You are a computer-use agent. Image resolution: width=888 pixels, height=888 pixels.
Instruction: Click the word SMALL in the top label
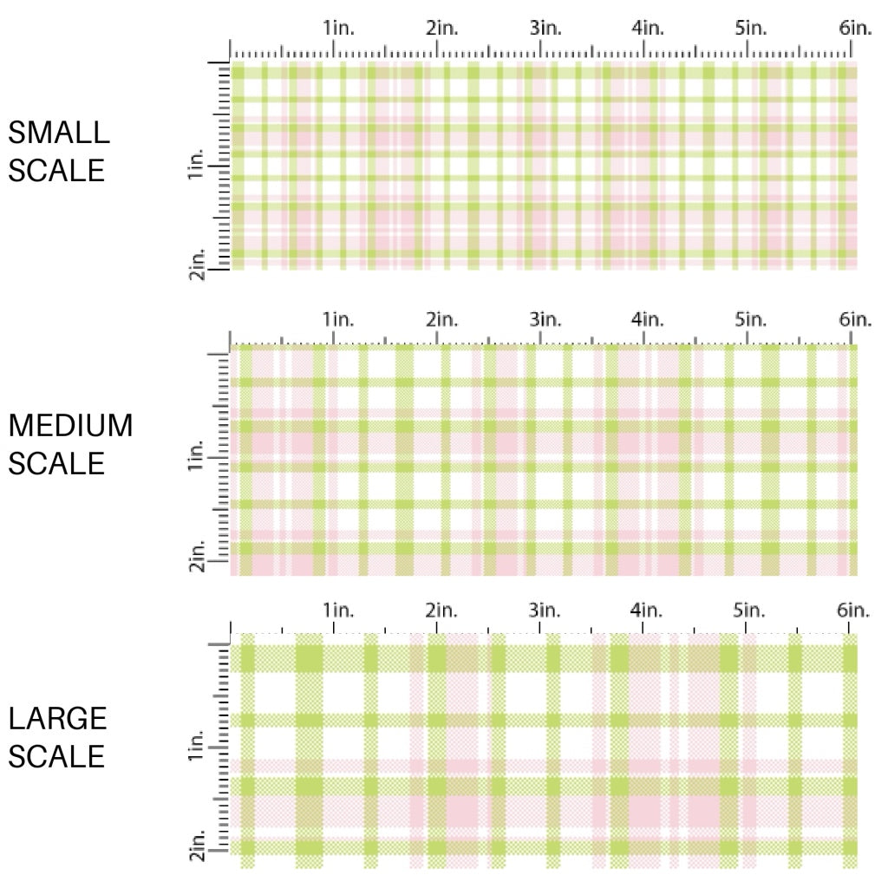pyautogui.click(x=59, y=133)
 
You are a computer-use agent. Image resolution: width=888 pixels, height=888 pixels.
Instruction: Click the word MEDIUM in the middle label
pyautogui.click(x=71, y=426)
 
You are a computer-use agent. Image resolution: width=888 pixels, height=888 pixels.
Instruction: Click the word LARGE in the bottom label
pyautogui.click(x=58, y=719)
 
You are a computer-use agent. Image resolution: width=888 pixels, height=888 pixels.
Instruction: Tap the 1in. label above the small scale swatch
pyautogui.click(x=339, y=28)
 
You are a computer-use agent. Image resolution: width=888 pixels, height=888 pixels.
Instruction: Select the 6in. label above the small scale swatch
pyautogui.click(x=854, y=28)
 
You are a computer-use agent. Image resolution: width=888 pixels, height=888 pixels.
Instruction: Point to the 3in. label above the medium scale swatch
pyautogui.click(x=545, y=319)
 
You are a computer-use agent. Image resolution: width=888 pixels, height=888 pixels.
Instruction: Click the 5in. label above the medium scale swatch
pyautogui.click(x=750, y=319)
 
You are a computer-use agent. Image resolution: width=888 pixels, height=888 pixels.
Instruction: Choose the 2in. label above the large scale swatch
pyautogui.click(x=441, y=610)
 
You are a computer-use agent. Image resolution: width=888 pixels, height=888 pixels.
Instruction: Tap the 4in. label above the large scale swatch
pyautogui.click(x=648, y=610)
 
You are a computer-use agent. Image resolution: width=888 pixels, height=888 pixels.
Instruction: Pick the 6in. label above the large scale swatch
pyautogui.click(x=854, y=610)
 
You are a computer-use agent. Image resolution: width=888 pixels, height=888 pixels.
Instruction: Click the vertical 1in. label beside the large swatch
pyautogui.click(x=195, y=748)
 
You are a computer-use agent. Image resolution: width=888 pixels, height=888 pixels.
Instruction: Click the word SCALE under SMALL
pyautogui.click(x=56, y=170)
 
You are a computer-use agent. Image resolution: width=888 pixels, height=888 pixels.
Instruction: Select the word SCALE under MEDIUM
pyautogui.click(x=56, y=463)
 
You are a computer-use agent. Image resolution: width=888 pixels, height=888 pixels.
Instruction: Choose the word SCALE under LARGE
pyautogui.click(x=56, y=756)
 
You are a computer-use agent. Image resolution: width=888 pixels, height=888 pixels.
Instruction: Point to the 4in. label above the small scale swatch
pyautogui.click(x=648, y=28)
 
